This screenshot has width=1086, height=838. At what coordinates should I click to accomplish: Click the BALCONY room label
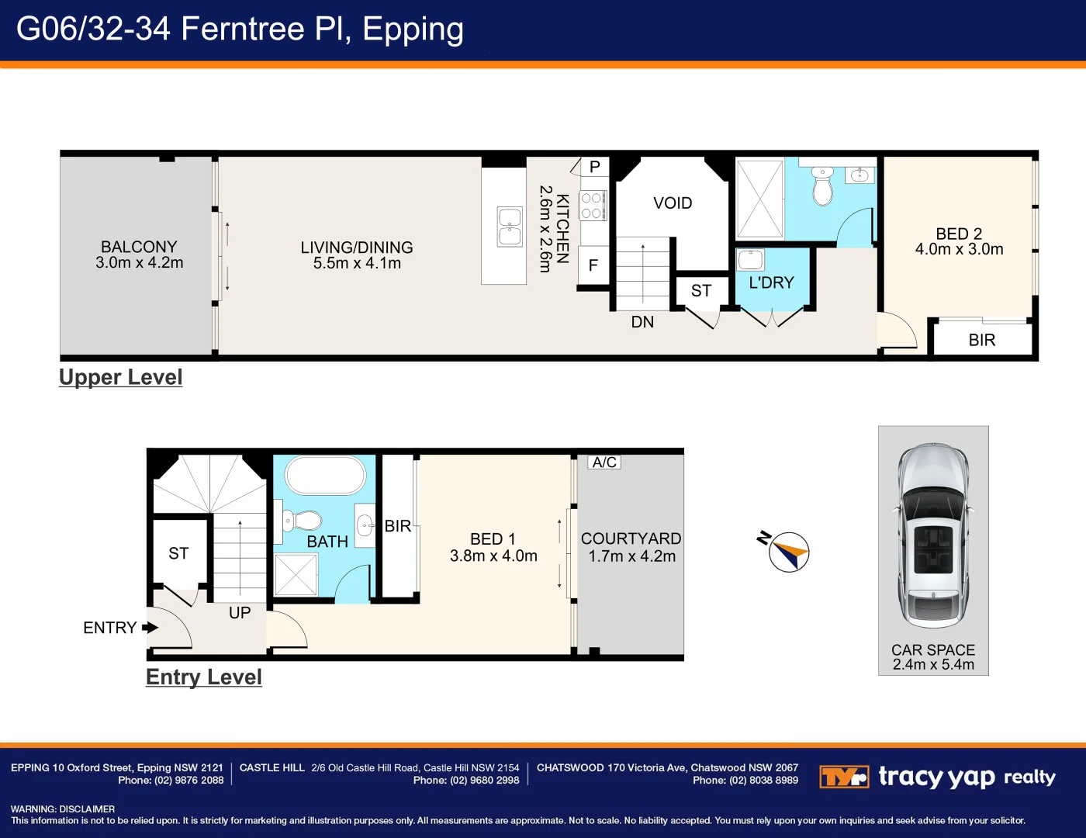(139, 247)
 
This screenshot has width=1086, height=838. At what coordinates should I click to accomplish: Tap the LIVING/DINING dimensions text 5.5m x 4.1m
(357, 264)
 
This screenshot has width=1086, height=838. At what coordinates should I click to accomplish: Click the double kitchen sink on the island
(510, 227)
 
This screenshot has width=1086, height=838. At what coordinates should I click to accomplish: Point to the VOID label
(673, 203)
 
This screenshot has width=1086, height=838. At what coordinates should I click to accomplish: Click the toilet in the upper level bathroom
(822, 186)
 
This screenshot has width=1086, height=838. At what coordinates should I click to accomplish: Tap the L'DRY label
(771, 283)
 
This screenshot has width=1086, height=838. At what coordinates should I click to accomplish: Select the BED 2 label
(959, 234)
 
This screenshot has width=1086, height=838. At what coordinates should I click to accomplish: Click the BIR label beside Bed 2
(981, 340)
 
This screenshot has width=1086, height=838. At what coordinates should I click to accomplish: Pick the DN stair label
(642, 322)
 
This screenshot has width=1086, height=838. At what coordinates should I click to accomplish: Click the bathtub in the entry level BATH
(325, 475)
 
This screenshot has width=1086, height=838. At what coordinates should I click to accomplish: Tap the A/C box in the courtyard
(604, 462)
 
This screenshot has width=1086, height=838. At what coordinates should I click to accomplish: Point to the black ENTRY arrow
(150, 628)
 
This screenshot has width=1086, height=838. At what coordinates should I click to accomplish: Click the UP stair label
(240, 613)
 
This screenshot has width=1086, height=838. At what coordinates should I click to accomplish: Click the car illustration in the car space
(933, 535)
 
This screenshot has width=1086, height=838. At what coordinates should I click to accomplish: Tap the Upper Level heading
(121, 377)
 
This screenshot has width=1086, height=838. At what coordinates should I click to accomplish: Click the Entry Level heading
(204, 677)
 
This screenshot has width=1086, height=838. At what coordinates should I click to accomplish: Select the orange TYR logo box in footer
(844, 777)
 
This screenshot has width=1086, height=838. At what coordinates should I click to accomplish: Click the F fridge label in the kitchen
(593, 265)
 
